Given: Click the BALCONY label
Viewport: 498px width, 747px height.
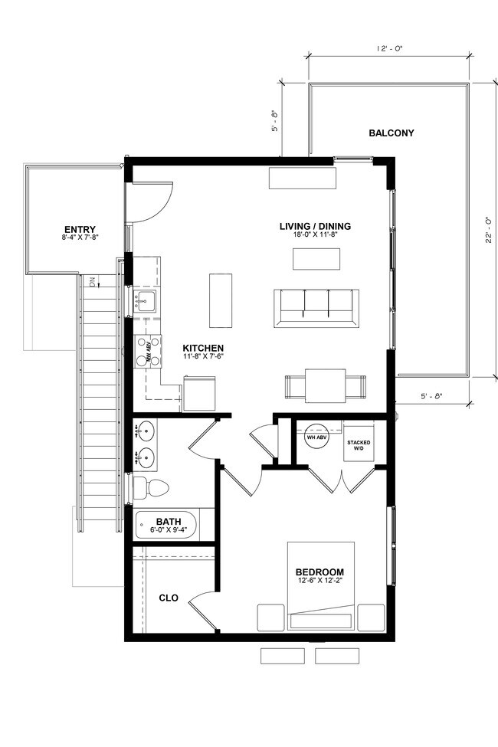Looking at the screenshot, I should pos(391,133).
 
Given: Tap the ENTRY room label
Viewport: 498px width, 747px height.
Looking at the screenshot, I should pos(79,229).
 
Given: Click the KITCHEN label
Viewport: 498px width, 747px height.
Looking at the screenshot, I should pos(202,348).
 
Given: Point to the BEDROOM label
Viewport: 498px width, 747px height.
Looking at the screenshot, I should pos(319,572).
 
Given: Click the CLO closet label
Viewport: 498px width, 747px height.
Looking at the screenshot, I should pos(169,598).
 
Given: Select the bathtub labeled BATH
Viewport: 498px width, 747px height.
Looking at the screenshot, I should pos(166,526).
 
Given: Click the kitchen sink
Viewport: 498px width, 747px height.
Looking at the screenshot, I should pos(145,299).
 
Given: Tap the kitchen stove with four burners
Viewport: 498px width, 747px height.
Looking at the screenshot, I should pos(147,351).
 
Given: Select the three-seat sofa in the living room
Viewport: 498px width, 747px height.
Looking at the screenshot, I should pos(316,307).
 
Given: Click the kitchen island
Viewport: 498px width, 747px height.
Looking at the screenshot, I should pos(220,300).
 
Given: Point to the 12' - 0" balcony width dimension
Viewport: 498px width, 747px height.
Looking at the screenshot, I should pos(390,48).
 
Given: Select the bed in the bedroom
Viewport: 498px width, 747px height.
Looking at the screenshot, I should pos(320,586).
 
